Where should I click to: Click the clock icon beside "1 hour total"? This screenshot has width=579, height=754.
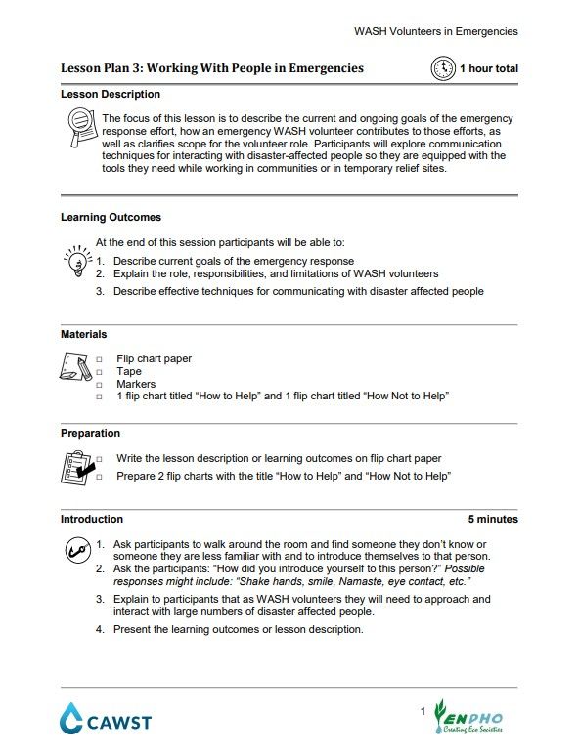pyautogui.click(x=443, y=68)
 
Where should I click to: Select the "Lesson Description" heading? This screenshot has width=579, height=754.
pyautogui.click(x=111, y=95)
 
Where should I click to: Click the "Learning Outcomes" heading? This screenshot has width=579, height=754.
pyautogui.click(x=111, y=217)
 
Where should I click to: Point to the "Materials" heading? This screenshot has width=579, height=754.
pyautogui.click(x=83, y=334)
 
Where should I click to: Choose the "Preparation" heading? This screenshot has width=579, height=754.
pyautogui.click(x=90, y=433)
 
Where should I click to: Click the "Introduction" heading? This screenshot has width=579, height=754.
pyautogui.click(x=92, y=519)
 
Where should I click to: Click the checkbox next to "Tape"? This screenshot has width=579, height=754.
pyautogui.click(x=99, y=372)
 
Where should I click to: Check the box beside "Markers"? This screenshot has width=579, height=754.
pyautogui.click(x=99, y=385)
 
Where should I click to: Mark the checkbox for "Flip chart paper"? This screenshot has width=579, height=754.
pyautogui.click(x=99, y=359)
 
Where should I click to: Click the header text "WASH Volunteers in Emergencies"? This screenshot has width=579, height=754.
pyautogui.click(x=435, y=31)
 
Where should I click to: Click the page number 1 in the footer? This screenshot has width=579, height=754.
pyautogui.click(x=423, y=710)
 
